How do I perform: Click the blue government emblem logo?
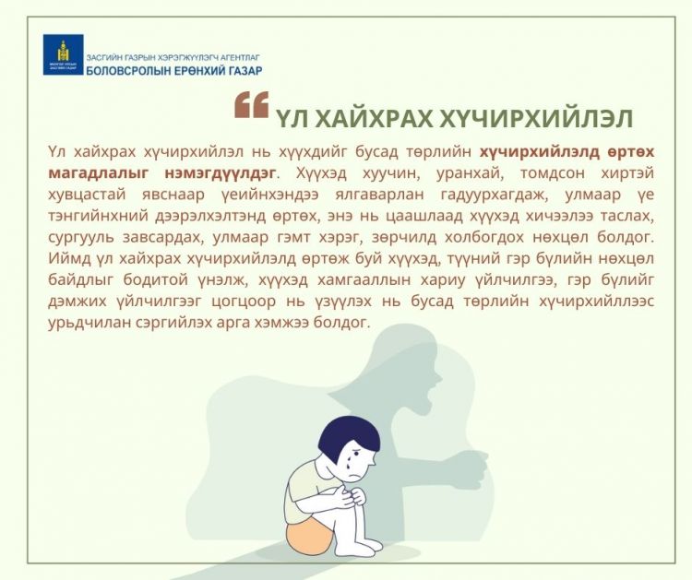[63, 54]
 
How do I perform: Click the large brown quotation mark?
[252, 105]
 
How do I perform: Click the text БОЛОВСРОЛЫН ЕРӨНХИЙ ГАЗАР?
[174, 71]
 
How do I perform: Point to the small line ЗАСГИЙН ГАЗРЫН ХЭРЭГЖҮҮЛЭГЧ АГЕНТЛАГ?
[173, 57]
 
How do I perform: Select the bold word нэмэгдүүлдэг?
[222, 173]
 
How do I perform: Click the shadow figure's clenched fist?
[471, 469]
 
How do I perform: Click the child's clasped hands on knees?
[351, 496]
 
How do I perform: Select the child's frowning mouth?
[355, 478]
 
